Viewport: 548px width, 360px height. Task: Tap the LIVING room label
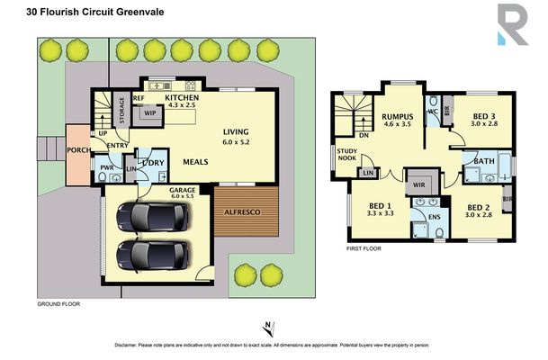point(238,131)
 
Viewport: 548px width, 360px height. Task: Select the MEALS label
point(196,163)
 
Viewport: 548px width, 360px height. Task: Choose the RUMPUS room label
point(397,115)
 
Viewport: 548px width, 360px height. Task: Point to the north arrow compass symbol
point(267,328)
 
